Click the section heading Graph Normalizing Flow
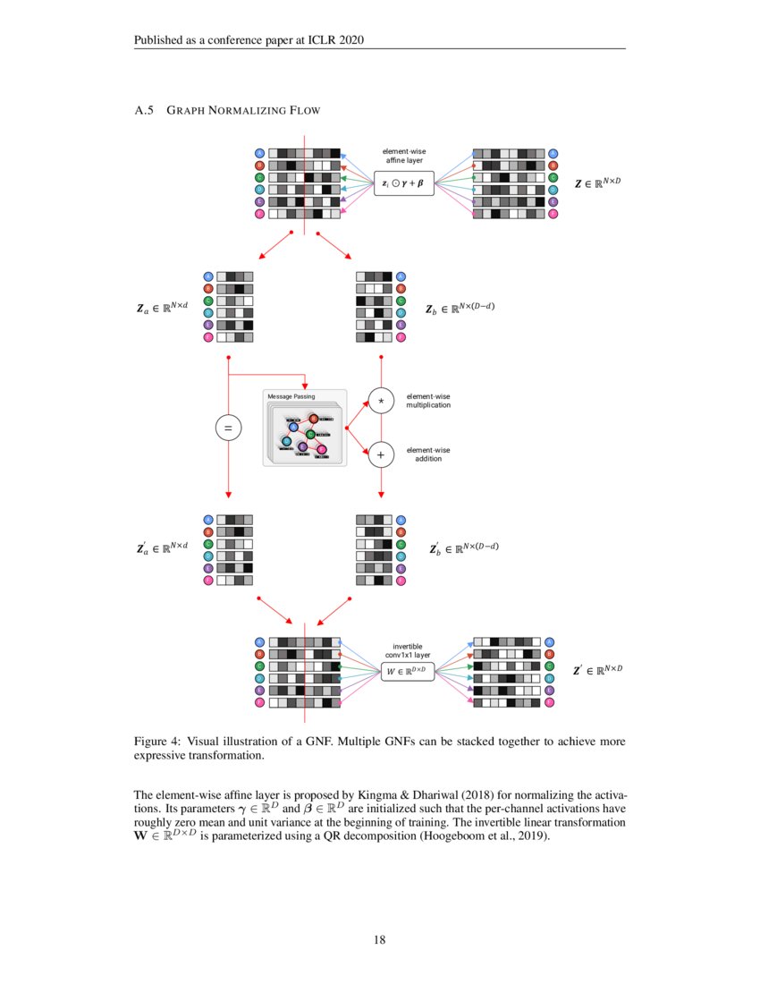point(243,111)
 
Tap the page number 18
point(379,939)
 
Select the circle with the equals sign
point(229,429)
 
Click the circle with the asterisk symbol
point(382,402)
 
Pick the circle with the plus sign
point(382,455)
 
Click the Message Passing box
point(304,428)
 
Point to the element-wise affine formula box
point(403,183)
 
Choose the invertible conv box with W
point(407,670)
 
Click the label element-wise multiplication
point(428,401)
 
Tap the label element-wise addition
point(428,454)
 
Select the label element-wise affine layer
point(403,156)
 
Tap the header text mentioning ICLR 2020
point(249,40)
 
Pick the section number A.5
point(144,111)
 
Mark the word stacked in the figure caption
point(472,742)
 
